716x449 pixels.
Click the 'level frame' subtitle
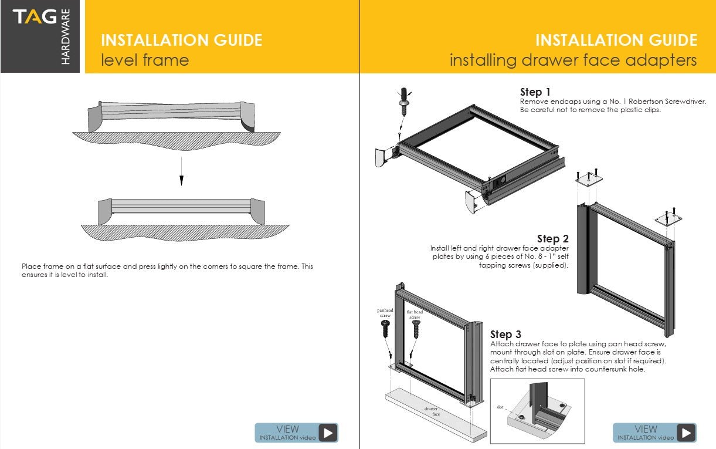click(145, 60)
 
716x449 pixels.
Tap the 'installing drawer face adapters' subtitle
click(573, 60)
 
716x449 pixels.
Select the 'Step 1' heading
click(535, 92)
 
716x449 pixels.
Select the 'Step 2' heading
click(552, 239)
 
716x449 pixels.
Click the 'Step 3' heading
click(505, 335)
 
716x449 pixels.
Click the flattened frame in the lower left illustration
click(181, 207)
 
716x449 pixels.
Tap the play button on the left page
click(328, 433)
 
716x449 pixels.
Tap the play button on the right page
click(686, 433)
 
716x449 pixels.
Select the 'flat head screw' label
click(415, 315)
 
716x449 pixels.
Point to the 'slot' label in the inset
click(500, 407)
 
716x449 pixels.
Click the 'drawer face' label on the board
click(432, 411)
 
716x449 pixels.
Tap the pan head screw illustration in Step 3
click(385, 329)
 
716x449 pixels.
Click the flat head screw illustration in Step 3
click(416, 329)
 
